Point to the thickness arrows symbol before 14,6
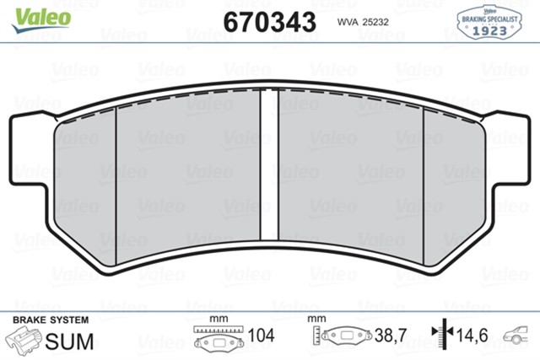point(439,336)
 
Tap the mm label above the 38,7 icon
point(317,319)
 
